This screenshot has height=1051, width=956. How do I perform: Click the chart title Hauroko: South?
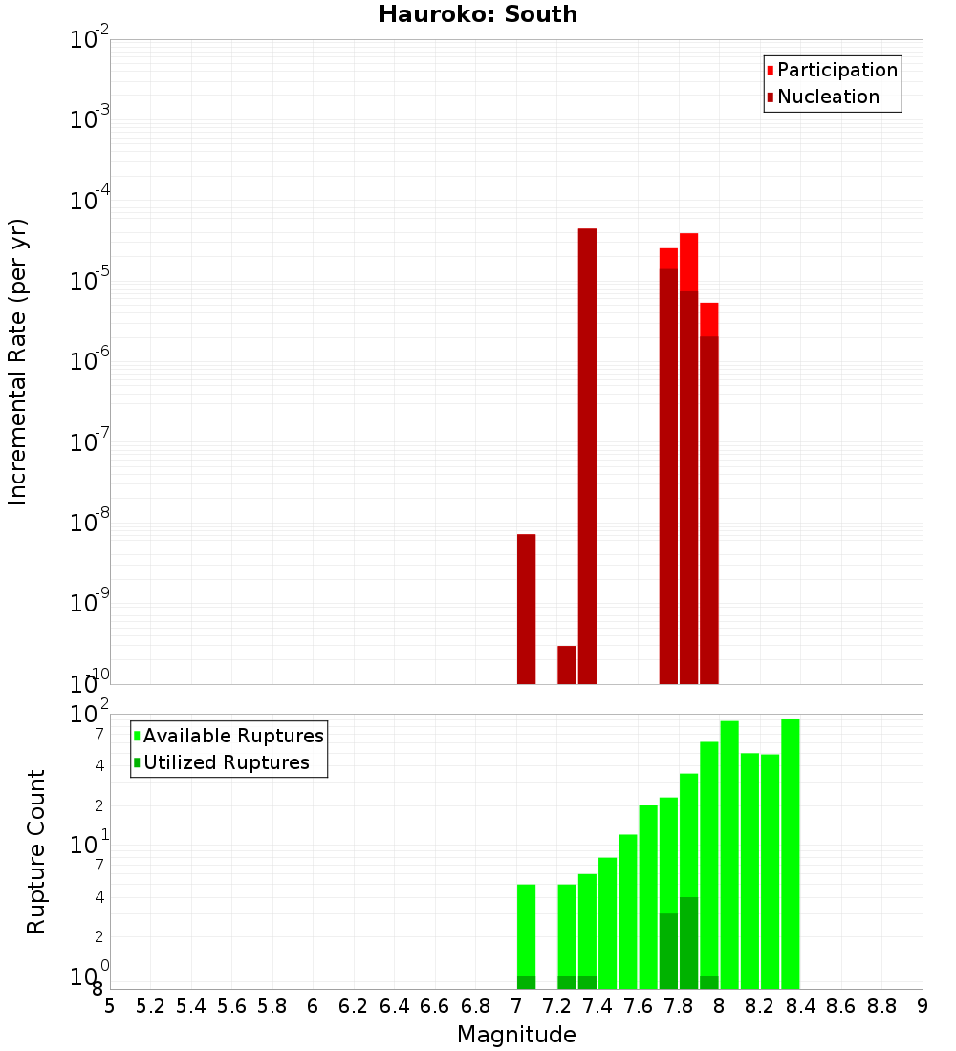pos(478,14)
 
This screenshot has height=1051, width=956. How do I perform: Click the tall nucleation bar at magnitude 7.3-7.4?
pos(587,456)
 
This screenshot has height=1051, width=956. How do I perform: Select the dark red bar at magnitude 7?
pos(526,609)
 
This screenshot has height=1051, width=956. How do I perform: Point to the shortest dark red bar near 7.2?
pos(567,665)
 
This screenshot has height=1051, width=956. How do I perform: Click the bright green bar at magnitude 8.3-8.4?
pos(790,853)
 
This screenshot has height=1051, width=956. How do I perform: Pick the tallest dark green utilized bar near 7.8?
pos(688,943)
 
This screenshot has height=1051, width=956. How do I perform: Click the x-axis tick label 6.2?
pos(354,1006)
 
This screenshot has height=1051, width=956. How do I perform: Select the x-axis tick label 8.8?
pos(881,1006)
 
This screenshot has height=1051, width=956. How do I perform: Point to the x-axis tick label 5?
pos(110,1006)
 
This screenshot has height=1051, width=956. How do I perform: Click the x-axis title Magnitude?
pos(516,1035)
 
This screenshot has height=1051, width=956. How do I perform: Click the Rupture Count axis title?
pos(36,850)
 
